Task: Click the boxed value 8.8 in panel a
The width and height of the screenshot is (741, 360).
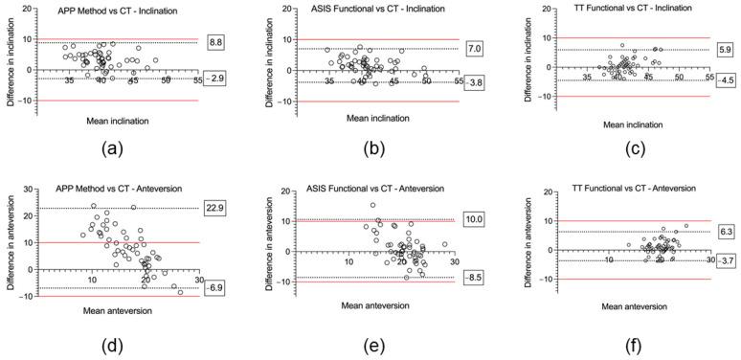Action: click(216, 42)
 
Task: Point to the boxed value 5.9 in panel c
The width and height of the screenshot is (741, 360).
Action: click(724, 50)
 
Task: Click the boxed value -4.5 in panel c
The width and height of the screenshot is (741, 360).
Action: click(723, 80)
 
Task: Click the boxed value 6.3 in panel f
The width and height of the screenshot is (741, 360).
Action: click(724, 231)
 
